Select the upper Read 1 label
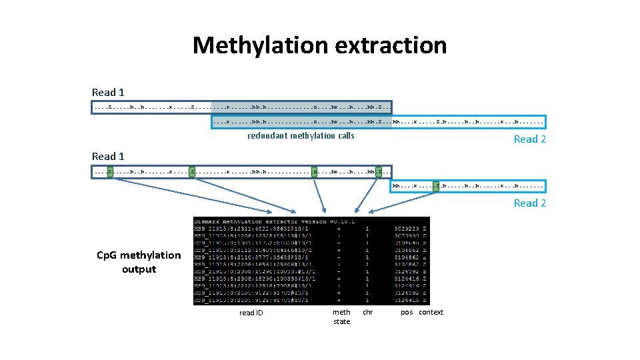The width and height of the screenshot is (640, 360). click(108, 92)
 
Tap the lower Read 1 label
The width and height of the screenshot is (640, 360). click(108, 156)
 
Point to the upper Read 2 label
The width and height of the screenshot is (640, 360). click(529, 139)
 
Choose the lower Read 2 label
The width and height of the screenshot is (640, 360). click(529, 203)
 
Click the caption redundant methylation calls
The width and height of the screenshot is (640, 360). click(301, 135)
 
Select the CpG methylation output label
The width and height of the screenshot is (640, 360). click(139, 262)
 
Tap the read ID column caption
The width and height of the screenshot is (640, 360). click(251, 313)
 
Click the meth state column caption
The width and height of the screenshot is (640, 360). click(341, 317)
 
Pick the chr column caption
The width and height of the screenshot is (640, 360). click(367, 312)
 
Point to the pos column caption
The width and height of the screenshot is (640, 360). click(407, 312)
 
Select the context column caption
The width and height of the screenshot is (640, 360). click(431, 312)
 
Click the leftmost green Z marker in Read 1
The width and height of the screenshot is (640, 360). click(110, 172)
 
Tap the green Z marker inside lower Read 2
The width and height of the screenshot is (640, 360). click(436, 186)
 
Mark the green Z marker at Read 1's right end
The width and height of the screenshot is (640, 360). click(379, 172)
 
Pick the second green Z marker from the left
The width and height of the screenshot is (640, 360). click(192, 172)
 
